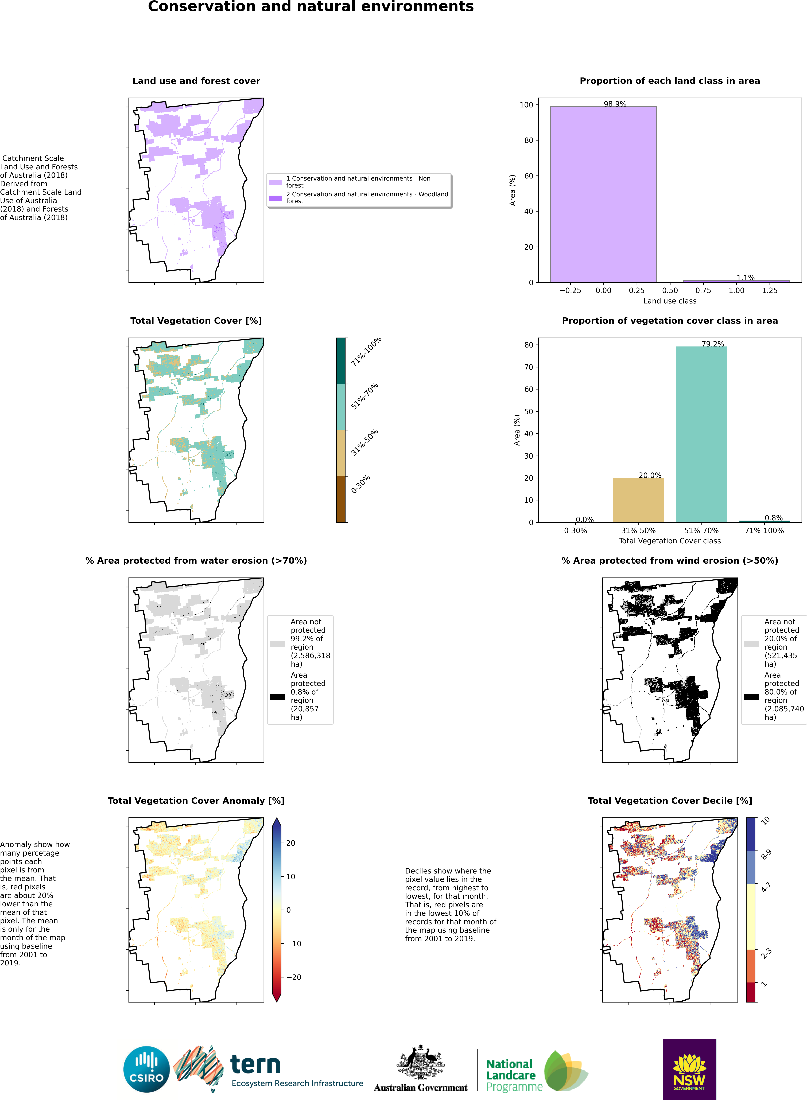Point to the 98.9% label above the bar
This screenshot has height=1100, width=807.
615,104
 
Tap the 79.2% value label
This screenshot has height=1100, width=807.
713,344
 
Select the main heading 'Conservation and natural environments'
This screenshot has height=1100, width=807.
311,7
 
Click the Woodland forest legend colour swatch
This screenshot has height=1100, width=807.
275,198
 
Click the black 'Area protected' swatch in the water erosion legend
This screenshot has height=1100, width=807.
277,697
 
